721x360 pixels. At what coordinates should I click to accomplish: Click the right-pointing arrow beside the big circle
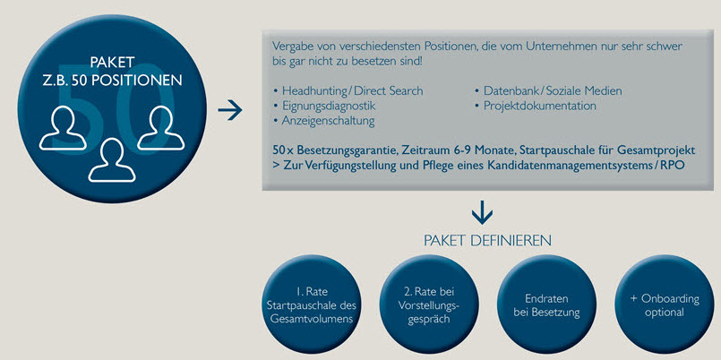pos(229,110)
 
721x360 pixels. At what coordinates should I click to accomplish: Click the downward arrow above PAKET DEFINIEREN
pos(482,212)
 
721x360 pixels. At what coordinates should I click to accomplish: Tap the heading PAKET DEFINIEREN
pos(487,241)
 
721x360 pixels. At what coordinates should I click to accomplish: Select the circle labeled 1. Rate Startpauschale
pos(311,304)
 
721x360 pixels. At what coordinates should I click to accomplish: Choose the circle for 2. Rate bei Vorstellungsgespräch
pos(428,304)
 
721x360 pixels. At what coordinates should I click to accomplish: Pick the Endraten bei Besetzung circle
pos(546,304)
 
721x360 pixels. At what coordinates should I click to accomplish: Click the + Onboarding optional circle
pos(664,304)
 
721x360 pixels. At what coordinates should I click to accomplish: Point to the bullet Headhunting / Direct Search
pos(348,90)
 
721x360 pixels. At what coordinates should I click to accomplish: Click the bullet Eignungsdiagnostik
pos(324,106)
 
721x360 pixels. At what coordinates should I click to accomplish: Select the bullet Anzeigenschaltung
pos(323,121)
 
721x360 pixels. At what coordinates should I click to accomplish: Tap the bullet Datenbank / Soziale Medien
pos(548,90)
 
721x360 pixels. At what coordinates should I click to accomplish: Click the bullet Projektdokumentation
pos(536,106)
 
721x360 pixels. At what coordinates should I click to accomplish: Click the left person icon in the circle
pos(63,129)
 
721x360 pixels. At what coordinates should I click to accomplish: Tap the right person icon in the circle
pos(161,129)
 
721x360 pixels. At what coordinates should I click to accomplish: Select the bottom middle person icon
pos(112,160)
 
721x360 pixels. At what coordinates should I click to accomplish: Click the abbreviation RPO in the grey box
pos(674,166)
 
